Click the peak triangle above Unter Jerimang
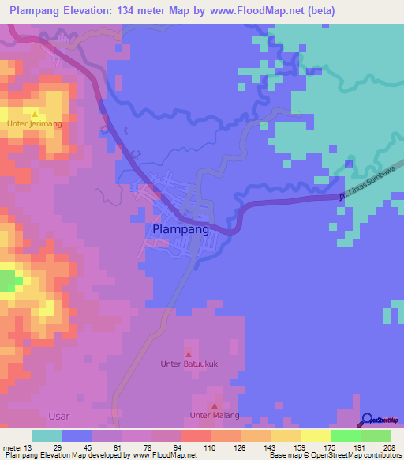coord(34,115)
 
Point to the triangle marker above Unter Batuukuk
coord(188,354)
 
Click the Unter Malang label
coord(215,415)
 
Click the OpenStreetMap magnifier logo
coord(367,420)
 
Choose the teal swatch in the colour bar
coord(47,436)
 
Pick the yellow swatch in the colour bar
coord(316,436)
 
